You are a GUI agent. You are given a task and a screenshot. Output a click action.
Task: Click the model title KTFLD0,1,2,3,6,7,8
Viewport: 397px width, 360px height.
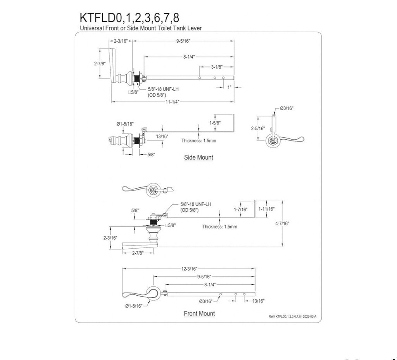click(x=129, y=18)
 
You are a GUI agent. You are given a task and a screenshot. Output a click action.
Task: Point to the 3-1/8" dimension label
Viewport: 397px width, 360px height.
click(x=217, y=67)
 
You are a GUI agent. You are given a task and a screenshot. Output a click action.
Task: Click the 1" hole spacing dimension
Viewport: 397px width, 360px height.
click(x=230, y=88)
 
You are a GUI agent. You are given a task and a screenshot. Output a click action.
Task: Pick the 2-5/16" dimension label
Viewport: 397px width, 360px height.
click(x=258, y=128)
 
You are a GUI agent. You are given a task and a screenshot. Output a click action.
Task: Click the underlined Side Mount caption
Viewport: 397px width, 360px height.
click(x=198, y=157)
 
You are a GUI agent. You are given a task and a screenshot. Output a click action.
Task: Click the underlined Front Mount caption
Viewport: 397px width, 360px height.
click(x=199, y=313)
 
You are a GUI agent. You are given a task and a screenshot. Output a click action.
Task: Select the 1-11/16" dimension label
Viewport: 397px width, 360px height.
click(x=267, y=209)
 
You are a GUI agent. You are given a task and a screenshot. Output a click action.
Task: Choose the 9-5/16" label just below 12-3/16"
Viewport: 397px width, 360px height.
click(x=204, y=277)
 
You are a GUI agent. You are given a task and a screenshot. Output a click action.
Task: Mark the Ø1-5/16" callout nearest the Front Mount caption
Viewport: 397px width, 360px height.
click(x=133, y=306)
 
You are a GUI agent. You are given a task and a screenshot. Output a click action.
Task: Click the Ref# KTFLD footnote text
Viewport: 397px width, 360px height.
click(x=292, y=317)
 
